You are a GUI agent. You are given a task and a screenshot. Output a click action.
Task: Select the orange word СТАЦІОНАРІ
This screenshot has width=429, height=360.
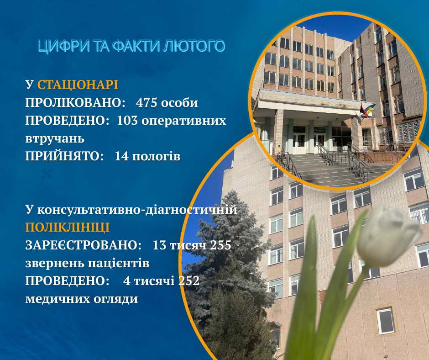pyautogui.click(x=78, y=85)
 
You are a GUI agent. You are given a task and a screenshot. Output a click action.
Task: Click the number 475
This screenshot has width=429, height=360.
pyautogui.click(x=147, y=103)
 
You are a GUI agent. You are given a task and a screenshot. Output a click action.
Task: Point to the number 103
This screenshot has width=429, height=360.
pyautogui.click(x=128, y=121)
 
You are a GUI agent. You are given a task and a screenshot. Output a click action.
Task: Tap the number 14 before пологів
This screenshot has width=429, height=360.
pyautogui.click(x=122, y=156)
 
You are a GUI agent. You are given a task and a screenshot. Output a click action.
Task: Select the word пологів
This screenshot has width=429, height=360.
pyautogui.click(x=157, y=156)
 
